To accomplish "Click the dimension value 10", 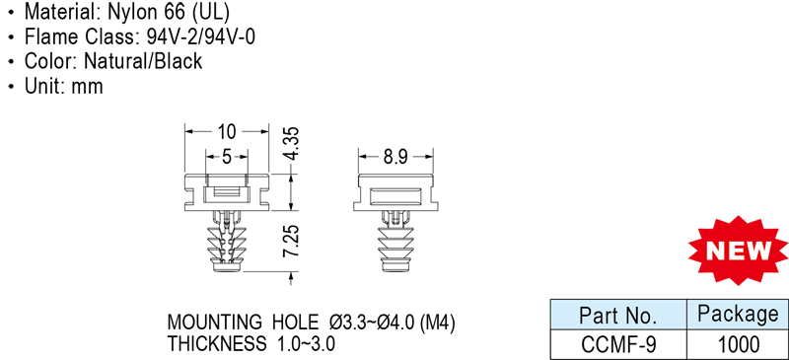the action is click(x=227, y=132).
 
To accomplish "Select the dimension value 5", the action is click(x=227, y=157).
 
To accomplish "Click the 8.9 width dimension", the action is click(x=395, y=157).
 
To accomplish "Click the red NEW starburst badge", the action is click(x=739, y=250).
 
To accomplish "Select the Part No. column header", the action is click(x=618, y=317).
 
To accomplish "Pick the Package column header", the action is click(x=738, y=315).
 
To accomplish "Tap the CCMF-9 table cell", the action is click(x=618, y=345).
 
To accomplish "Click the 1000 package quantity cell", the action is click(x=738, y=345).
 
